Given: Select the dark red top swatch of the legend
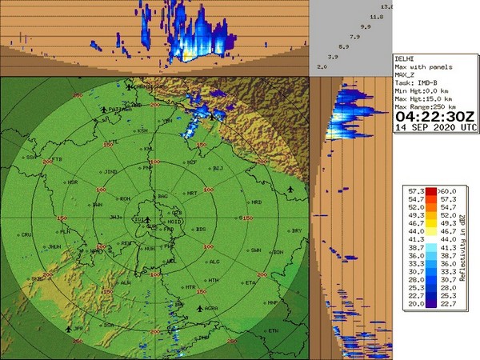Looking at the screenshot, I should tap(430, 190).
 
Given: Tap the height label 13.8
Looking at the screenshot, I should tap(387, 6).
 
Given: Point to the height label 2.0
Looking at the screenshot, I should tap(322, 66).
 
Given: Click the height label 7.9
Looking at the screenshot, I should tap(354, 37).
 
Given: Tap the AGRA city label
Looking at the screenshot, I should tap(212, 308).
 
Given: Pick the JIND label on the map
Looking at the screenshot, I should tap(111, 170).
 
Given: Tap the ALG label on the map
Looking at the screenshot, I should tap(214, 262).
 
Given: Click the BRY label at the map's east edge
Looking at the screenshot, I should tap(298, 230).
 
